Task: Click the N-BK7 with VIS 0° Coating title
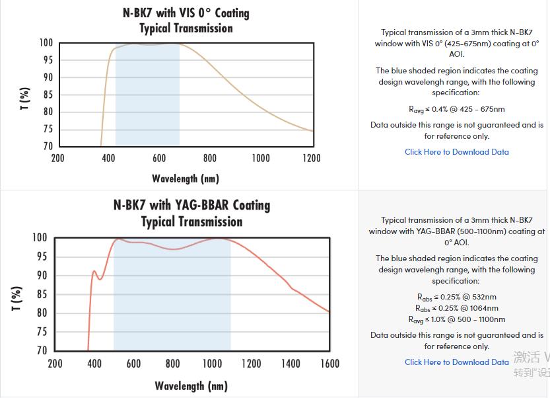click(x=186, y=13)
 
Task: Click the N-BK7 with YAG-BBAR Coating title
click(x=191, y=205)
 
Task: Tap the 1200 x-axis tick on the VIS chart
click(x=311, y=159)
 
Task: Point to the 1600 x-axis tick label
click(x=329, y=364)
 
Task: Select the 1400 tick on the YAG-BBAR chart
click(x=290, y=364)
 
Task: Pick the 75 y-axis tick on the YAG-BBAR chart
click(x=41, y=333)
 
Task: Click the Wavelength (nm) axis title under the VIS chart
click(x=186, y=179)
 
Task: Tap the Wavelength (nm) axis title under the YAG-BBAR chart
click(x=191, y=385)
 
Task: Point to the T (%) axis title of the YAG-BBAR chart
click(x=18, y=298)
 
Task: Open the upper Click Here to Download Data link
click(x=457, y=152)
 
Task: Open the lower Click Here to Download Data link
click(x=457, y=362)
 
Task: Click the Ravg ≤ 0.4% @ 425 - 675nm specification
click(x=457, y=109)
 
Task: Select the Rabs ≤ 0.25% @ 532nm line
click(x=457, y=297)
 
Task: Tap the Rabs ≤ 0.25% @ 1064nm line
click(x=457, y=308)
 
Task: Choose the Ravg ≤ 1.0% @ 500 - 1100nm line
click(x=457, y=319)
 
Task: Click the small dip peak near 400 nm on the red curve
click(x=94, y=271)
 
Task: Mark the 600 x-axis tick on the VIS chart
click(x=159, y=159)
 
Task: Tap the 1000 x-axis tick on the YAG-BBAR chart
click(x=212, y=364)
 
